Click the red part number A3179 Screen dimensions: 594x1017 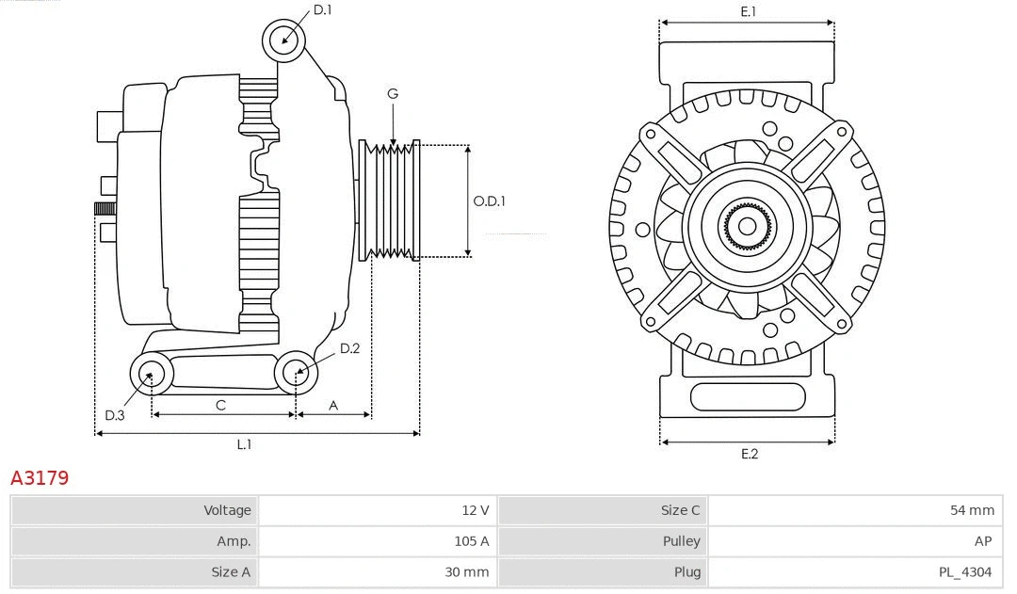coord(40,478)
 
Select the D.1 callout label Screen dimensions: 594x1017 coord(322,10)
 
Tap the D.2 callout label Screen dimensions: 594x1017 coord(349,349)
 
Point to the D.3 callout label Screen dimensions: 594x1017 coord(115,415)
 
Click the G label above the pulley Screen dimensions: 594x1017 coord(393,93)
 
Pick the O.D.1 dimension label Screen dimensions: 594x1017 coord(490,201)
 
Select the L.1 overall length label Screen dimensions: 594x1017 coord(244,444)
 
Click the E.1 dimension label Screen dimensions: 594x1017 coord(749,11)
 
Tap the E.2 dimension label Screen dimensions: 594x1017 coord(749,454)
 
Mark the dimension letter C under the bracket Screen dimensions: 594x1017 coord(220,405)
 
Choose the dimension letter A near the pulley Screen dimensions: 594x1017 coord(333,405)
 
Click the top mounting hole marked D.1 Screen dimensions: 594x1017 coord(284,40)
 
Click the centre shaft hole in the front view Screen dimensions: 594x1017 coord(747,226)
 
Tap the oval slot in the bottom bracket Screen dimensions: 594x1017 coord(747,397)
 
